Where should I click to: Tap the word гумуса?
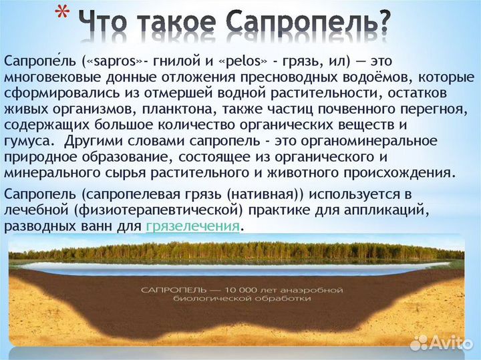27,141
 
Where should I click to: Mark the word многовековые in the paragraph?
45,77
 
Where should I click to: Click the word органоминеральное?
361,141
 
